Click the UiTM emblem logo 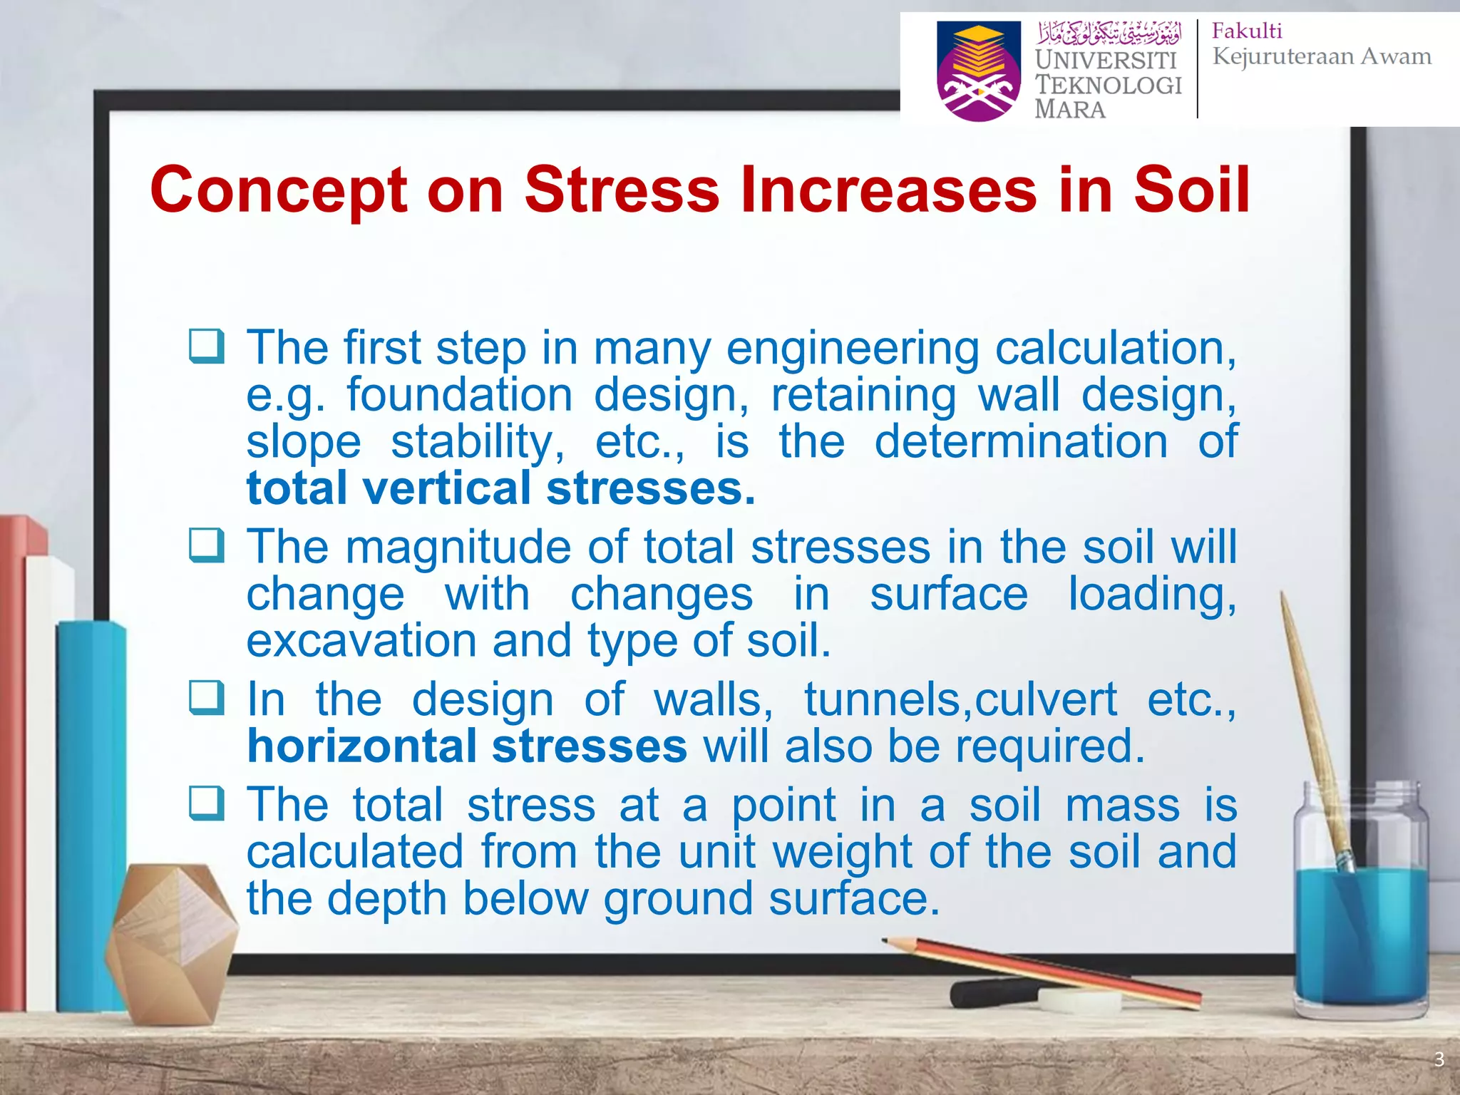coord(978,71)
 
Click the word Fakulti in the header coord(1247,31)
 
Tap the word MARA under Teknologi coord(1070,110)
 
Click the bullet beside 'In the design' coord(207,698)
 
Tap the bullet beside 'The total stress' coord(207,803)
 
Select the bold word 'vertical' coord(447,489)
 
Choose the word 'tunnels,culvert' coord(960,700)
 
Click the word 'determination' coord(1021,442)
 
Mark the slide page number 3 coord(1439,1059)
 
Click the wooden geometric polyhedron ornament coord(171,941)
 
